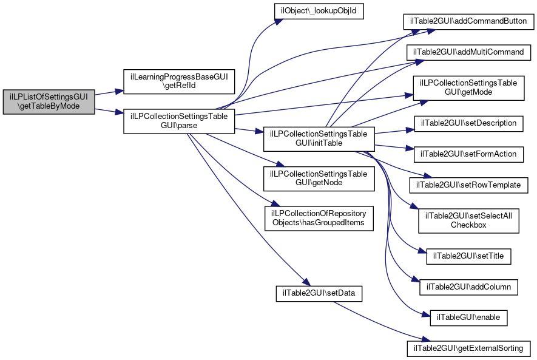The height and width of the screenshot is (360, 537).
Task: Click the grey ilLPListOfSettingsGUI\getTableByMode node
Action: [x=49, y=102]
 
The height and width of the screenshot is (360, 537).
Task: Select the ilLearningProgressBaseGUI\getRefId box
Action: [x=179, y=81]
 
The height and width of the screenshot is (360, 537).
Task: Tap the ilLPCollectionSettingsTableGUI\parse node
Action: [x=179, y=121]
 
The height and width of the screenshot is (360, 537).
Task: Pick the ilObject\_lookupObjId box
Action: [x=319, y=11]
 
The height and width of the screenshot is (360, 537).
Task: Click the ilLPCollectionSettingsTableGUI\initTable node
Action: [x=319, y=139]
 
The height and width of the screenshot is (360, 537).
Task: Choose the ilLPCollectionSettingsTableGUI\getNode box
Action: [x=319, y=178]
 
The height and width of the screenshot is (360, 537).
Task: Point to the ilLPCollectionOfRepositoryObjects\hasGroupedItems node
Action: [x=319, y=218]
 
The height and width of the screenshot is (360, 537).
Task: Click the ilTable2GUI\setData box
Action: [x=319, y=294]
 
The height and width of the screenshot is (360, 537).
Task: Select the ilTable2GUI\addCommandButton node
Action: [x=468, y=22]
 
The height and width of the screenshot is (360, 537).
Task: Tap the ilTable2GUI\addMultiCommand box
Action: [x=468, y=52]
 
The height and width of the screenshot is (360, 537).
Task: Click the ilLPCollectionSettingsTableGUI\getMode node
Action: [x=468, y=88]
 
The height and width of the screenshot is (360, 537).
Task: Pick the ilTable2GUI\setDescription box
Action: [x=468, y=123]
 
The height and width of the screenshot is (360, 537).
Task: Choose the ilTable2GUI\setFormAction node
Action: [x=468, y=154]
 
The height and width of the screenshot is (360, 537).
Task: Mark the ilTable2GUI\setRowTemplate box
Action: [x=468, y=185]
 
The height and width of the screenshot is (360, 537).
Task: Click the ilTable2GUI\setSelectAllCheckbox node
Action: [x=468, y=221]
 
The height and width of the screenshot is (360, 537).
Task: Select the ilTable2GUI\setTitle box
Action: [x=468, y=256]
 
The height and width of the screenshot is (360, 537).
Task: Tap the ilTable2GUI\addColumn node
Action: [x=468, y=287]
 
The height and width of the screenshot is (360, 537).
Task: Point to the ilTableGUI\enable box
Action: [x=468, y=318]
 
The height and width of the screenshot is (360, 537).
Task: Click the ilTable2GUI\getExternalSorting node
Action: [x=468, y=348]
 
